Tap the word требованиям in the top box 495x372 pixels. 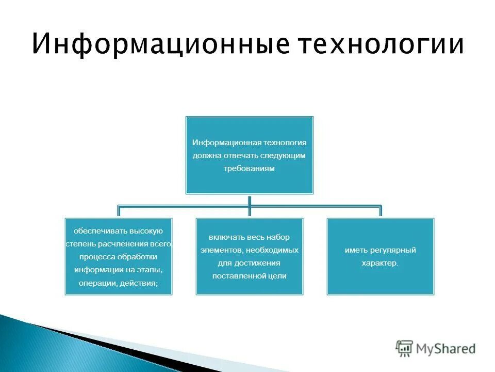tap(250, 168)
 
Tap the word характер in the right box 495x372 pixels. tap(379, 263)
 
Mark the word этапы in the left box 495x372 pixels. tap(150, 270)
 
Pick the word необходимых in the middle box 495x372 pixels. tap(272, 250)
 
